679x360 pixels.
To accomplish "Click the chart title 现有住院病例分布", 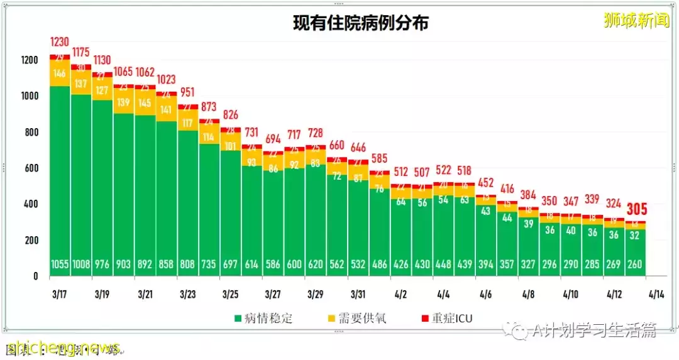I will pos(361,23).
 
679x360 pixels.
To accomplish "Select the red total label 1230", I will pos(60,42).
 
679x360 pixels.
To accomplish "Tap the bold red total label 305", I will pos(636,209).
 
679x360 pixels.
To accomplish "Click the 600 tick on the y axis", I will pos(31,168).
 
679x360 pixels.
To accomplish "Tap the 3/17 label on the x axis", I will pos(60,294).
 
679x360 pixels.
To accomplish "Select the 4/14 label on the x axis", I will pos(657,294).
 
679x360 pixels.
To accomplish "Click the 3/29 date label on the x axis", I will pos(316,294).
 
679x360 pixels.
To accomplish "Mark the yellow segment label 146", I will pos(60,74).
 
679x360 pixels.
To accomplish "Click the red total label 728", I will pos(316,133).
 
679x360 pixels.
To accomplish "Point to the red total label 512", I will pos(401,172).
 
